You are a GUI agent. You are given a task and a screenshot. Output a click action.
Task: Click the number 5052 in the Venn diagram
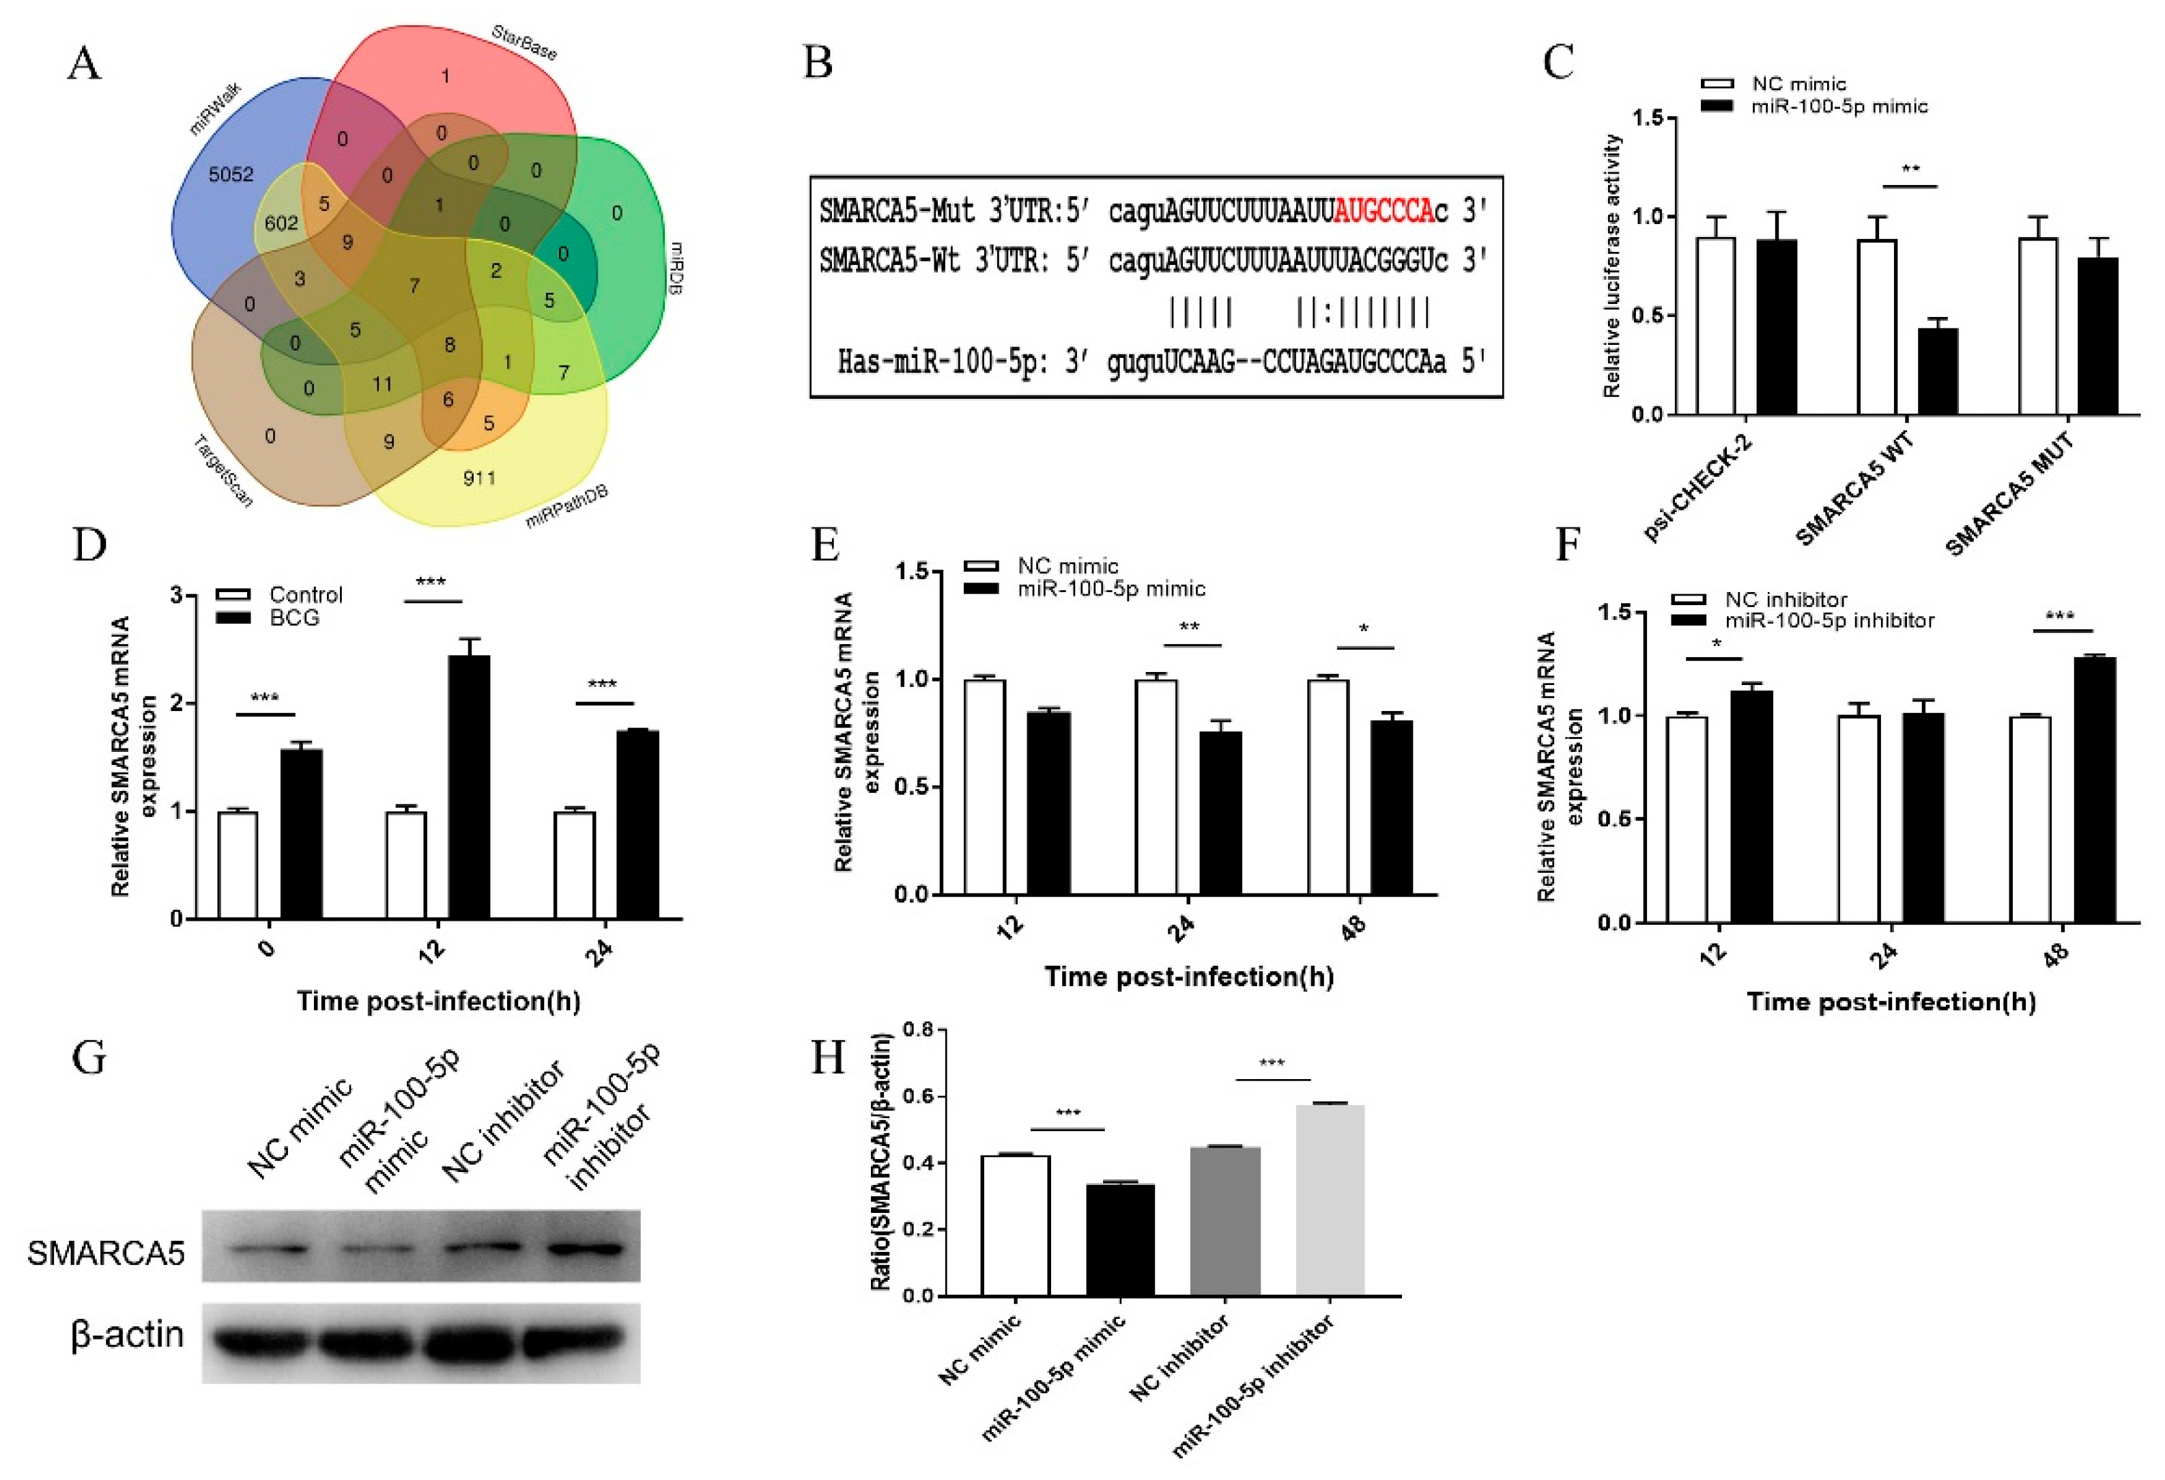click(x=231, y=174)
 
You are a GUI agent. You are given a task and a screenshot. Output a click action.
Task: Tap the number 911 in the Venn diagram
click(x=479, y=478)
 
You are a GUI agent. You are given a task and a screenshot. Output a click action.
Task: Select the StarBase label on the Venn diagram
click(x=524, y=43)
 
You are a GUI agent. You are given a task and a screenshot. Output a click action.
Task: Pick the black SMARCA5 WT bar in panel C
click(x=1938, y=371)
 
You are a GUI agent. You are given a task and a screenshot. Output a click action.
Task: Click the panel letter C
click(x=1558, y=64)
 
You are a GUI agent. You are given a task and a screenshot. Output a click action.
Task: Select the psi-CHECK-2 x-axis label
click(x=1696, y=488)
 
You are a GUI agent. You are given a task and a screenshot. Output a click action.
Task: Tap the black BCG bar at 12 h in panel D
click(x=470, y=787)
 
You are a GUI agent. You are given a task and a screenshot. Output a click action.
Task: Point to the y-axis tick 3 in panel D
click(x=176, y=596)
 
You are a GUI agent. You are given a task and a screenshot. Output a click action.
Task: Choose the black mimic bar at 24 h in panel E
click(x=1220, y=813)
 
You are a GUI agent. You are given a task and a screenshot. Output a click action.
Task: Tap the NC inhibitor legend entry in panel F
click(x=1785, y=599)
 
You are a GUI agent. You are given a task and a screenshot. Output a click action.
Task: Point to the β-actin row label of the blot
click(x=127, y=1335)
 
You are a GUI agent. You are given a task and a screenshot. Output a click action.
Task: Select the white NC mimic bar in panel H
click(x=1016, y=1225)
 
